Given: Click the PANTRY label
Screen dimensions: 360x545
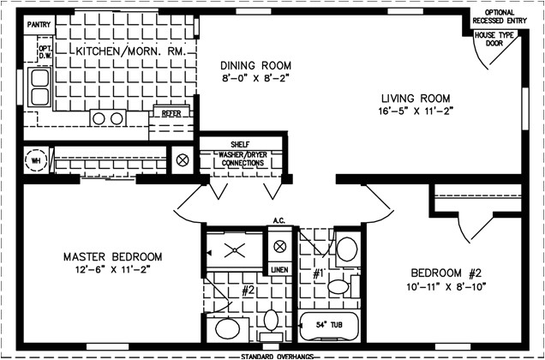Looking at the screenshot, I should point(39,26).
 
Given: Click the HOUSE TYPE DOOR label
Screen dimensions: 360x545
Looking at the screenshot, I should point(494,40).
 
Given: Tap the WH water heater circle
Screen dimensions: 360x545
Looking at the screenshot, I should point(37,159).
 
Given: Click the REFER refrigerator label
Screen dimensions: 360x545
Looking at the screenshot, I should point(166,111).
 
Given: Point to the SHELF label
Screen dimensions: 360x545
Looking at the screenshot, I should point(239,144).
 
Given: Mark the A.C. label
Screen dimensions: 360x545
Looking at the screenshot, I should point(278,221).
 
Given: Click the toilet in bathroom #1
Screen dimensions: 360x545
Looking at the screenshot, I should point(346,249).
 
